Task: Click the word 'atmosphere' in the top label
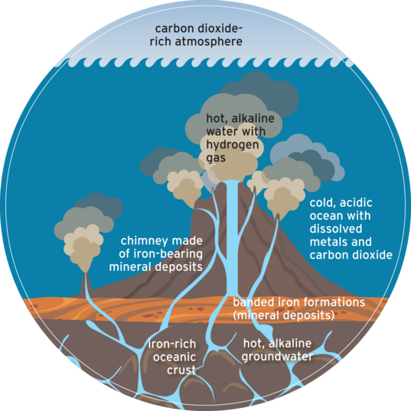209,42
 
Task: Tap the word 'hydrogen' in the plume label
233,145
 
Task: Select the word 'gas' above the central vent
216,158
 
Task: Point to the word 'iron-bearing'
168,254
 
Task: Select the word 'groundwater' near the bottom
277,357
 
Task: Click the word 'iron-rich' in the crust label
172,344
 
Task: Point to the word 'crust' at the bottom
181,370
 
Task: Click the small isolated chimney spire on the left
85,285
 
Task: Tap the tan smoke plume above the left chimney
83,248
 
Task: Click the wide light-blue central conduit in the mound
232,236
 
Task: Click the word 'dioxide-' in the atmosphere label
220,29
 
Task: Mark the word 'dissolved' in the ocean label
336,229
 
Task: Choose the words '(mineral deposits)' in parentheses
284,315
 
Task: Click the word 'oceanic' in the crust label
175,357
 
